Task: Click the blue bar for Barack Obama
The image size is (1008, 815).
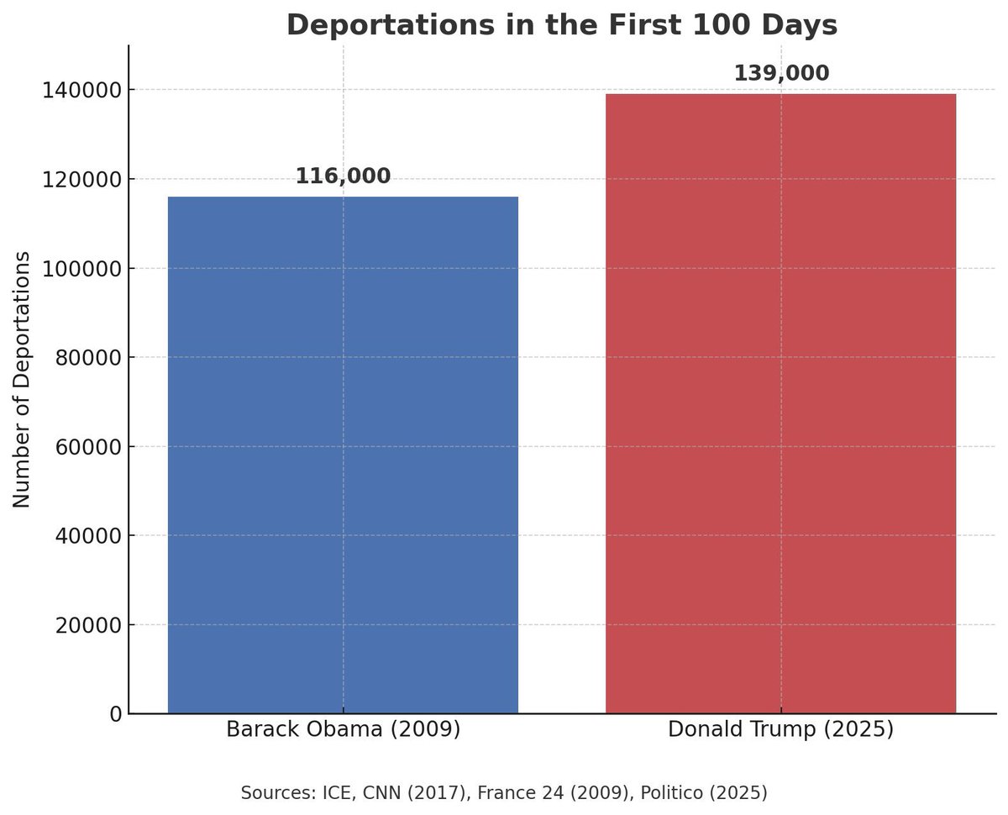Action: pos(343,454)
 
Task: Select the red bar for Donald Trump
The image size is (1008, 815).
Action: pos(780,403)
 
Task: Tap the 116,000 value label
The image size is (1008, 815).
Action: pos(343,176)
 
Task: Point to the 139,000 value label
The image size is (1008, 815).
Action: pos(781,74)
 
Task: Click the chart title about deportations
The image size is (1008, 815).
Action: pos(561,25)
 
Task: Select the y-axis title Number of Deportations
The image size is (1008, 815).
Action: pos(22,379)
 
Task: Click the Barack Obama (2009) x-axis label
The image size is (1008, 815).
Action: pos(343,729)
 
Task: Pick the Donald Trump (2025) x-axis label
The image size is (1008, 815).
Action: pos(780,729)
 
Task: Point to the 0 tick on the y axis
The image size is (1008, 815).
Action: pos(115,714)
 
